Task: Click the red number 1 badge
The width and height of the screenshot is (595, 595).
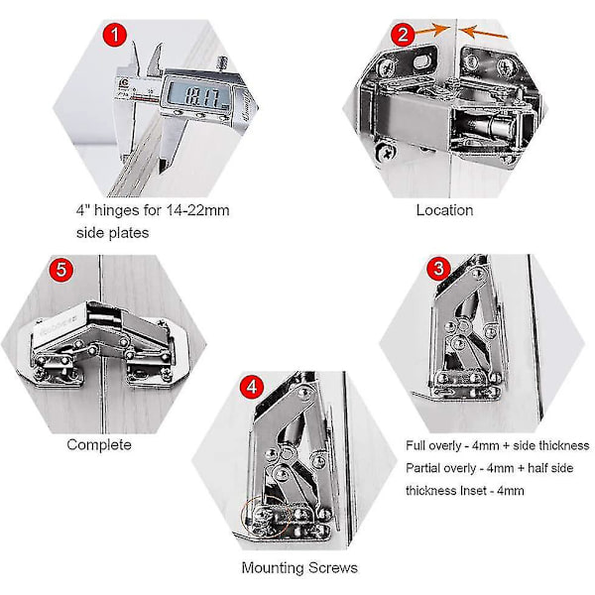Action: pos(115,35)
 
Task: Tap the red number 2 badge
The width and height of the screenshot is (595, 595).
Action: pos(403,35)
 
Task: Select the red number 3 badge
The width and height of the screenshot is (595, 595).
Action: pos(438,269)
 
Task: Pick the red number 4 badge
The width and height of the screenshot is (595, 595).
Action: pos(252,387)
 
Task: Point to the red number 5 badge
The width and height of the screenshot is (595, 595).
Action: pos(61,270)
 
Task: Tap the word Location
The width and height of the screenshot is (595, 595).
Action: pos(444,210)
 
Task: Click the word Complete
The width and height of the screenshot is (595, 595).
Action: pos(99,444)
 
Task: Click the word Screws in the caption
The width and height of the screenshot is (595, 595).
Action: pos(333,568)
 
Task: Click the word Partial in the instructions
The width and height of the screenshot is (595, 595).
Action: pos(422,468)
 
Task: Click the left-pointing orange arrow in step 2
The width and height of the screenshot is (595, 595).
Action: pos(484,32)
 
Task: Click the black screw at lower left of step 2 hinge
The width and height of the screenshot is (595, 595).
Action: pos(387,153)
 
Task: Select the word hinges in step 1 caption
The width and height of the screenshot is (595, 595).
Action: pos(116,210)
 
